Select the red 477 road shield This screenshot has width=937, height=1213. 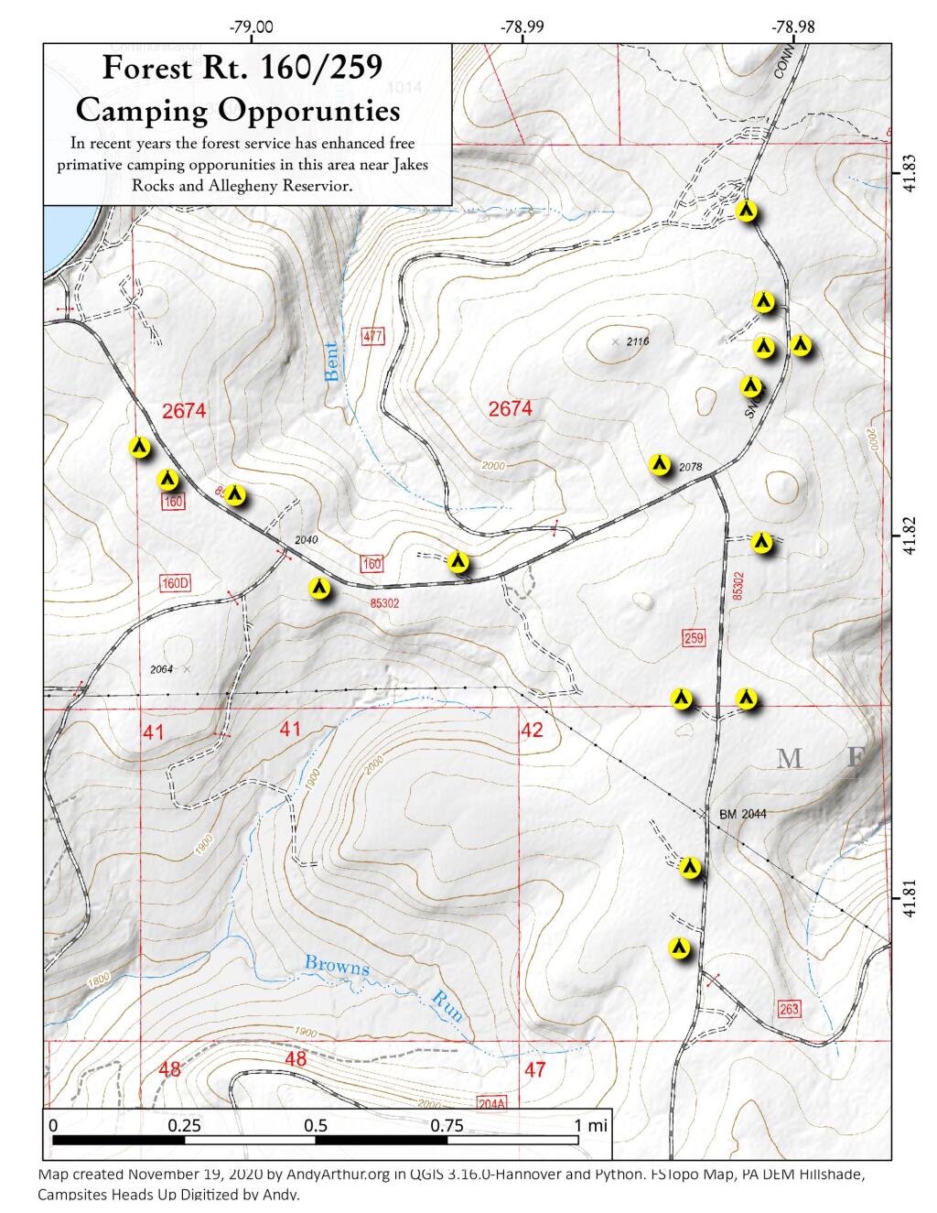click(372, 335)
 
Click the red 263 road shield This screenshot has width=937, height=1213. click(790, 1010)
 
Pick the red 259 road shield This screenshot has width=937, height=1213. click(694, 637)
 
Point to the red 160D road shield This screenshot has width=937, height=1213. click(175, 583)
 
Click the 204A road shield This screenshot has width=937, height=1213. click(491, 1104)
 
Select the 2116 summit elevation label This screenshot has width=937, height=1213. click(637, 341)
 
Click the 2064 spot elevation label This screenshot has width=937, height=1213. click(161, 669)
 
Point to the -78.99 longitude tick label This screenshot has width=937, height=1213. click(522, 27)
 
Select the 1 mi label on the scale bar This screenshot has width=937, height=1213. click(589, 1126)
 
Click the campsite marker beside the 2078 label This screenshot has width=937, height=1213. click(659, 464)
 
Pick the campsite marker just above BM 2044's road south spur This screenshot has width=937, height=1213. click(691, 867)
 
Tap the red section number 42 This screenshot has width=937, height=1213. click(532, 731)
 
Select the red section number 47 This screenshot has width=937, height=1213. click(535, 1069)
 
